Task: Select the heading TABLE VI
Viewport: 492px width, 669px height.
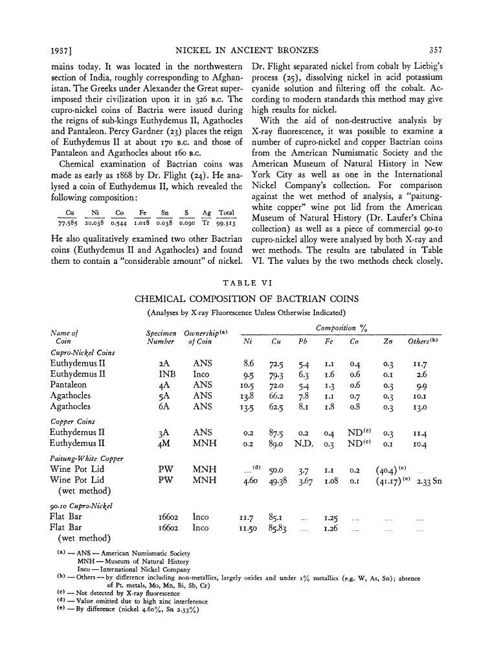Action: (245, 283)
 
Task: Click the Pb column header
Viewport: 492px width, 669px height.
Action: (302, 341)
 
